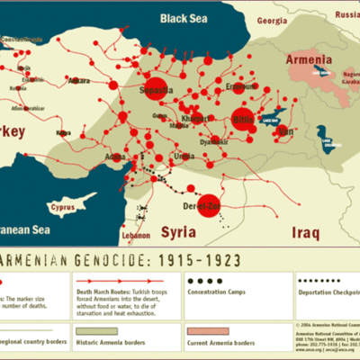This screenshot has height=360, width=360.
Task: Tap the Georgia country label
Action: (272, 20)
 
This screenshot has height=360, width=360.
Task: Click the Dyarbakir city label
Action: (212, 140)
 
